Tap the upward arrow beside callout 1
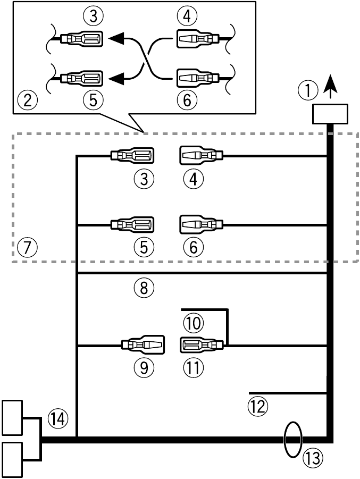pos(332,86)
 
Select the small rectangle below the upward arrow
pos(330,114)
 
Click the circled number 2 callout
pos(27,99)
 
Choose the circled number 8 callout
pos(144,288)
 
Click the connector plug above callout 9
pos(142,346)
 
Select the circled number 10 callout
pos(193,323)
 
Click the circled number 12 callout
pos(258,407)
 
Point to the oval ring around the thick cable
pos(291,439)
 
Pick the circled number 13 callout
pos(313,458)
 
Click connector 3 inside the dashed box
pos(132,156)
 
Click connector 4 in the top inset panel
pos(197,39)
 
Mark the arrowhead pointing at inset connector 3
pos(117,38)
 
